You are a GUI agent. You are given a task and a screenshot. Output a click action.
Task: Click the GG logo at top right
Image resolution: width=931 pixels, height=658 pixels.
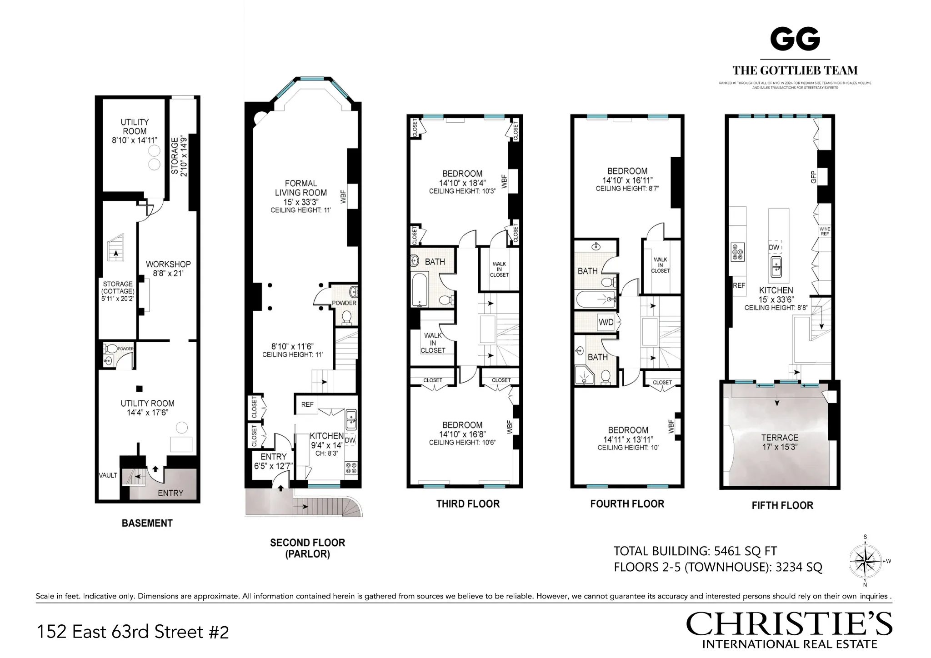click(795, 39)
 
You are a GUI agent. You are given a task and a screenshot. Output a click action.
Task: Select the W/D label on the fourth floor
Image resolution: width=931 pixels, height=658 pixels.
click(606, 322)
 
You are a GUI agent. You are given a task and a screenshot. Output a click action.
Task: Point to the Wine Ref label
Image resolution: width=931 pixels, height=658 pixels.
click(825, 231)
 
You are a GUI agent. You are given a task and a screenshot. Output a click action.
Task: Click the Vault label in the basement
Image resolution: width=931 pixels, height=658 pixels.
click(108, 475)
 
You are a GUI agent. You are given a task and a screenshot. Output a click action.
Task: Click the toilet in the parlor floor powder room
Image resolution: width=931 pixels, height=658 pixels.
click(347, 318)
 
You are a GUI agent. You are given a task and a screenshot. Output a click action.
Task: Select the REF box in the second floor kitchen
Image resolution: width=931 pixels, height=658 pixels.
click(307, 404)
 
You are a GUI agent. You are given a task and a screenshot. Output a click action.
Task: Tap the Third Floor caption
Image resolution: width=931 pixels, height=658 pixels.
click(468, 503)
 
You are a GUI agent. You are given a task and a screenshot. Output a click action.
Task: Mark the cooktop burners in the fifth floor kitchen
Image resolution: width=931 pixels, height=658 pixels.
click(737, 253)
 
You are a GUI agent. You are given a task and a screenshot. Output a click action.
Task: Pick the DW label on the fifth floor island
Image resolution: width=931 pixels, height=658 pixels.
click(774, 247)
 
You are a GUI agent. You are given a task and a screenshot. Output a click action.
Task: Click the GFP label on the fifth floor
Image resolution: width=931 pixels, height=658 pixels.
click(813, 177)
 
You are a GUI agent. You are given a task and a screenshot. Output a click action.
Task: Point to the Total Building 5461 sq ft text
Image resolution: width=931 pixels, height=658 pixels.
click(695, 551)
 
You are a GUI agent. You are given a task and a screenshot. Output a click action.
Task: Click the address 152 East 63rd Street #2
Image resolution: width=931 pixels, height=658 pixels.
click(132, 632)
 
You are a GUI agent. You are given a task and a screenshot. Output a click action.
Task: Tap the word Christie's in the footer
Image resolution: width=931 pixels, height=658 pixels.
click(789, 624)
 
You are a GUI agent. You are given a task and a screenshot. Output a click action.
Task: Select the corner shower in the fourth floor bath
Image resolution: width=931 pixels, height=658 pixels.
click(583, 376)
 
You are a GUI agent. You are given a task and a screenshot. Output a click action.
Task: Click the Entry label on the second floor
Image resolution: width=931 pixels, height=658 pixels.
click(273, 456)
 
